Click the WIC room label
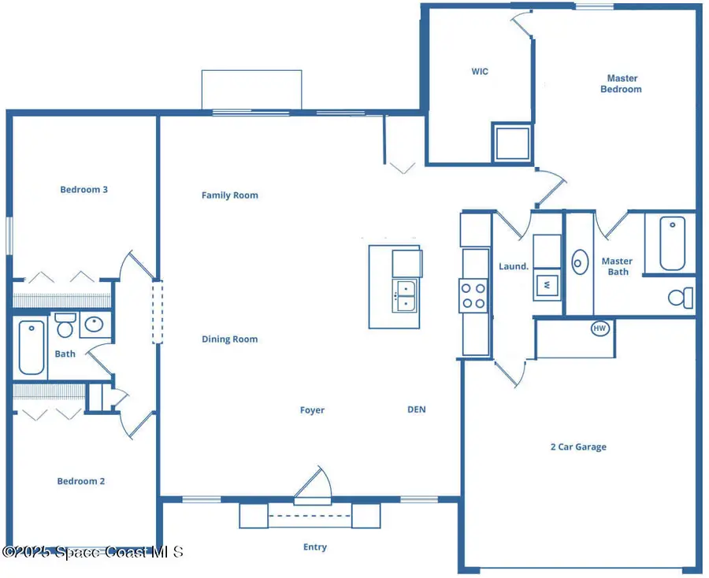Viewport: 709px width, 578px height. (480, 72)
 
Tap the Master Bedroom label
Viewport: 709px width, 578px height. (621, 83)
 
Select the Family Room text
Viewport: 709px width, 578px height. (229, 195)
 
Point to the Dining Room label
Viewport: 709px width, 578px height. (229, 339)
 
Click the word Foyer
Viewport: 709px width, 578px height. (312, 410)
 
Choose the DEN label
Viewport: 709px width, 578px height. (416, 409)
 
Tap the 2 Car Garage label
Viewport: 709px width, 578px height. (577, 447)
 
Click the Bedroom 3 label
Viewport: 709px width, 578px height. (84, 190)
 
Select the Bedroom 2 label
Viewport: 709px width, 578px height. (80, 481)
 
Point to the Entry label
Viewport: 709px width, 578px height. (314, 547)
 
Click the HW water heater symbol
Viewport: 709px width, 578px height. (600, 328)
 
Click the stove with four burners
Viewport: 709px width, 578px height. (473, 295)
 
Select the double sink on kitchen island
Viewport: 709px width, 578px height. (405, 296)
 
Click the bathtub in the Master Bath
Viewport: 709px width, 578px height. (672, 243)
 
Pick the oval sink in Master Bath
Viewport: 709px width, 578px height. (581, 261)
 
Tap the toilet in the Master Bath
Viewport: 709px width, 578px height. (681, 298)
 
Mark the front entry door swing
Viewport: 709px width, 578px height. (314, 484)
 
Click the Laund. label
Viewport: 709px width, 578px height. (514, 267)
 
